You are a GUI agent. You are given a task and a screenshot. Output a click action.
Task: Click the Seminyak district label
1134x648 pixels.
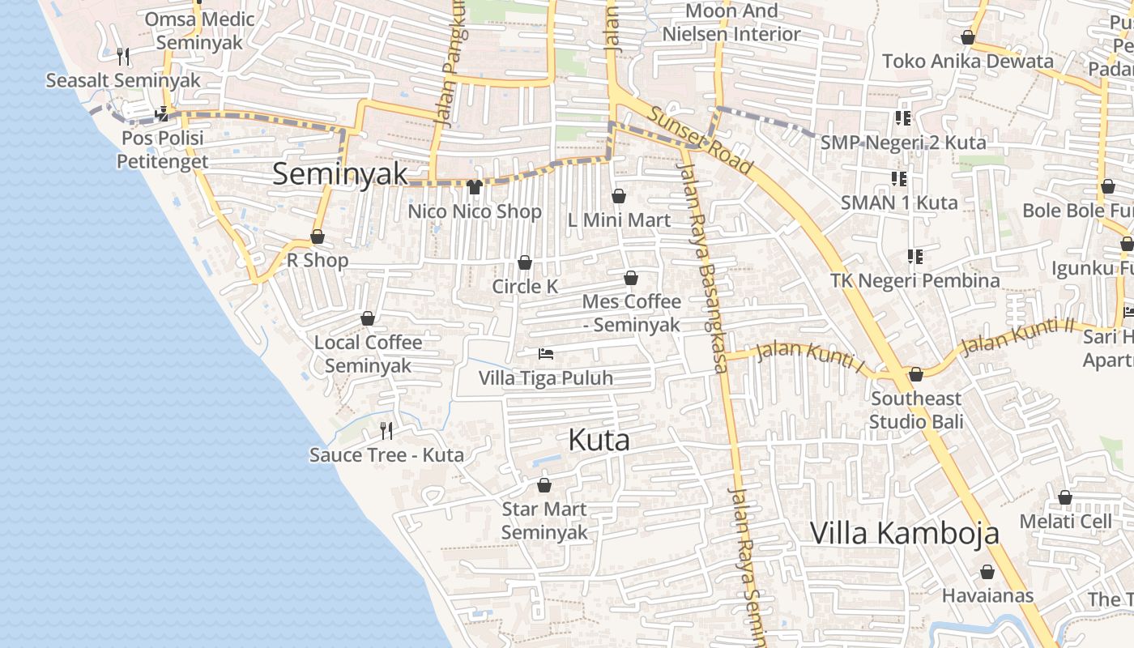point(339,174)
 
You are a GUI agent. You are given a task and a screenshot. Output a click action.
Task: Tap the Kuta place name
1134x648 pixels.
point(599,440)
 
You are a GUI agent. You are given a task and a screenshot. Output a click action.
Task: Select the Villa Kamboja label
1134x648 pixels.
point(904,533)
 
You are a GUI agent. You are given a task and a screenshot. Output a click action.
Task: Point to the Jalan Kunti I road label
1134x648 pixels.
point(808,356)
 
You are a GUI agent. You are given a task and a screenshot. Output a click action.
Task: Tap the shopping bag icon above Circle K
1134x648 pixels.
point(525,262)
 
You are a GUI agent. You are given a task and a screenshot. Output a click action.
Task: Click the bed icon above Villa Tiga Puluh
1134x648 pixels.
point(546,354)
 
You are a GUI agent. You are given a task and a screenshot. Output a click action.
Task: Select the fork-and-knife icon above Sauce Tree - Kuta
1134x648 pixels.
point(386,430)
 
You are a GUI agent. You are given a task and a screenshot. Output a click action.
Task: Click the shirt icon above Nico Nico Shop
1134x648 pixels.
point(475,187)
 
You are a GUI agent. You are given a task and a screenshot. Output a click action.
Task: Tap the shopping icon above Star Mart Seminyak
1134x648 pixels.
point(544,485)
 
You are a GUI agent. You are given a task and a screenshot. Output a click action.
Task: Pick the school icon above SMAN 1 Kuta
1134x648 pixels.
point(898,178)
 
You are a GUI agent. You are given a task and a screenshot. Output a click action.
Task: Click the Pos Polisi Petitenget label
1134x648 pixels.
point(163,149)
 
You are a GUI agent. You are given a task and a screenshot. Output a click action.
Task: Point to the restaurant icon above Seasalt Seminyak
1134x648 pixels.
point(123,56)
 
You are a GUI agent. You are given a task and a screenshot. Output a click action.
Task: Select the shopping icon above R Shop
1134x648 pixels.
point(318,237)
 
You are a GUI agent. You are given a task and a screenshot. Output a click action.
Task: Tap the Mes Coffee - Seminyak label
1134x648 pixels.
point(632,313)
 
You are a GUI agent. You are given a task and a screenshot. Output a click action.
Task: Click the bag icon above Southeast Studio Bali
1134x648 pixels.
point(916,374)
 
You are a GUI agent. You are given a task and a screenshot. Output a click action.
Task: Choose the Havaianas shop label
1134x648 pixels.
point(987,595)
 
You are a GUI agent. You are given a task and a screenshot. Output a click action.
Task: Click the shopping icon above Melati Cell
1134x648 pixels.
point(1065,497)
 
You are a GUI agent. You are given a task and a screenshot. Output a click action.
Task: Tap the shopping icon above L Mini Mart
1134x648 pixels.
point(619,196)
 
